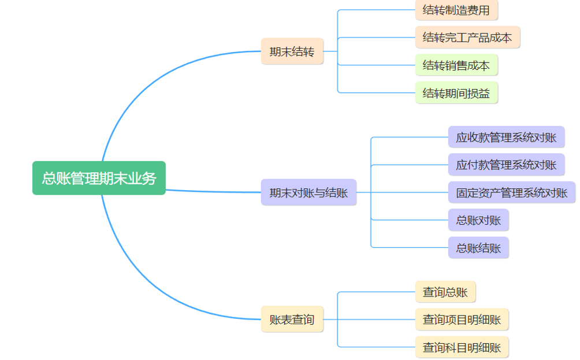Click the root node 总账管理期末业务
click(x=99, y=178)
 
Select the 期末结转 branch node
click(x=292, y=51)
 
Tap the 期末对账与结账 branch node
click(x=308, y=192)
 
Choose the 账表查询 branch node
click(x=292, y=319)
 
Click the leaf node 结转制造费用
click(x=456, y=10)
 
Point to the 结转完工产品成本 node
click(x=467, y=38)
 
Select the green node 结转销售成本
click(x=456, y=65)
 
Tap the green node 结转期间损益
click(x=456, y=93)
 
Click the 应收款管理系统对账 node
click(x=506, y=138)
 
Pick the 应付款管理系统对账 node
click(x=506, y=165)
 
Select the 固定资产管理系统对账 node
click(x=512, y=192)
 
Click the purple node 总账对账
click(x=478, y=220)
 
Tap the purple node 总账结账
click(x=478, y=247)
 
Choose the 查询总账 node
click(x=445, y=292)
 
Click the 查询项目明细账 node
click(x=462, y=319)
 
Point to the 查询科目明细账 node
click(x=462, y=347)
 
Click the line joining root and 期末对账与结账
click(x=214, y=191)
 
